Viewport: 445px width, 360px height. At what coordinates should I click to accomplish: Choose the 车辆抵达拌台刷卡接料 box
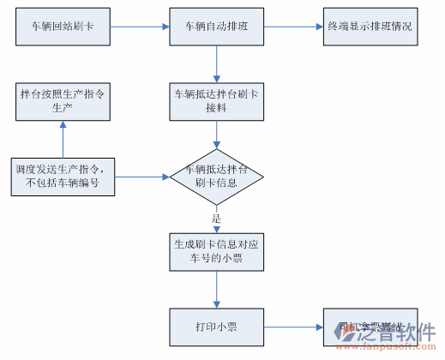pos(217,101)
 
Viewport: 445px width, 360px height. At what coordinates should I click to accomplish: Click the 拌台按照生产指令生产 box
pos(62,101)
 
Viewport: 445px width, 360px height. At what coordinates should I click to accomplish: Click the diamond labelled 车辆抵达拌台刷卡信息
pos(217,177)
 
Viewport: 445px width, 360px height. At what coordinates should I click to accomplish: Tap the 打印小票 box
pos(217,327)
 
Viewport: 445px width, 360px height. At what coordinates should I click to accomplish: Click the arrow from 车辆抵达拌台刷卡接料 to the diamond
pos(217,134)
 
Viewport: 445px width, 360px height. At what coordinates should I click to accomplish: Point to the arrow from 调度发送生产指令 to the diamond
pos(141,177)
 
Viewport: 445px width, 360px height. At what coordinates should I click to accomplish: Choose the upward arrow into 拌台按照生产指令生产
pos(62,139)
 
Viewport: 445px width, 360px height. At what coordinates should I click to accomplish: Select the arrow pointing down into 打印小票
pos(217,291)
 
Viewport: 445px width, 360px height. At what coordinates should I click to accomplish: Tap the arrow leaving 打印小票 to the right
pos(293,327)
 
